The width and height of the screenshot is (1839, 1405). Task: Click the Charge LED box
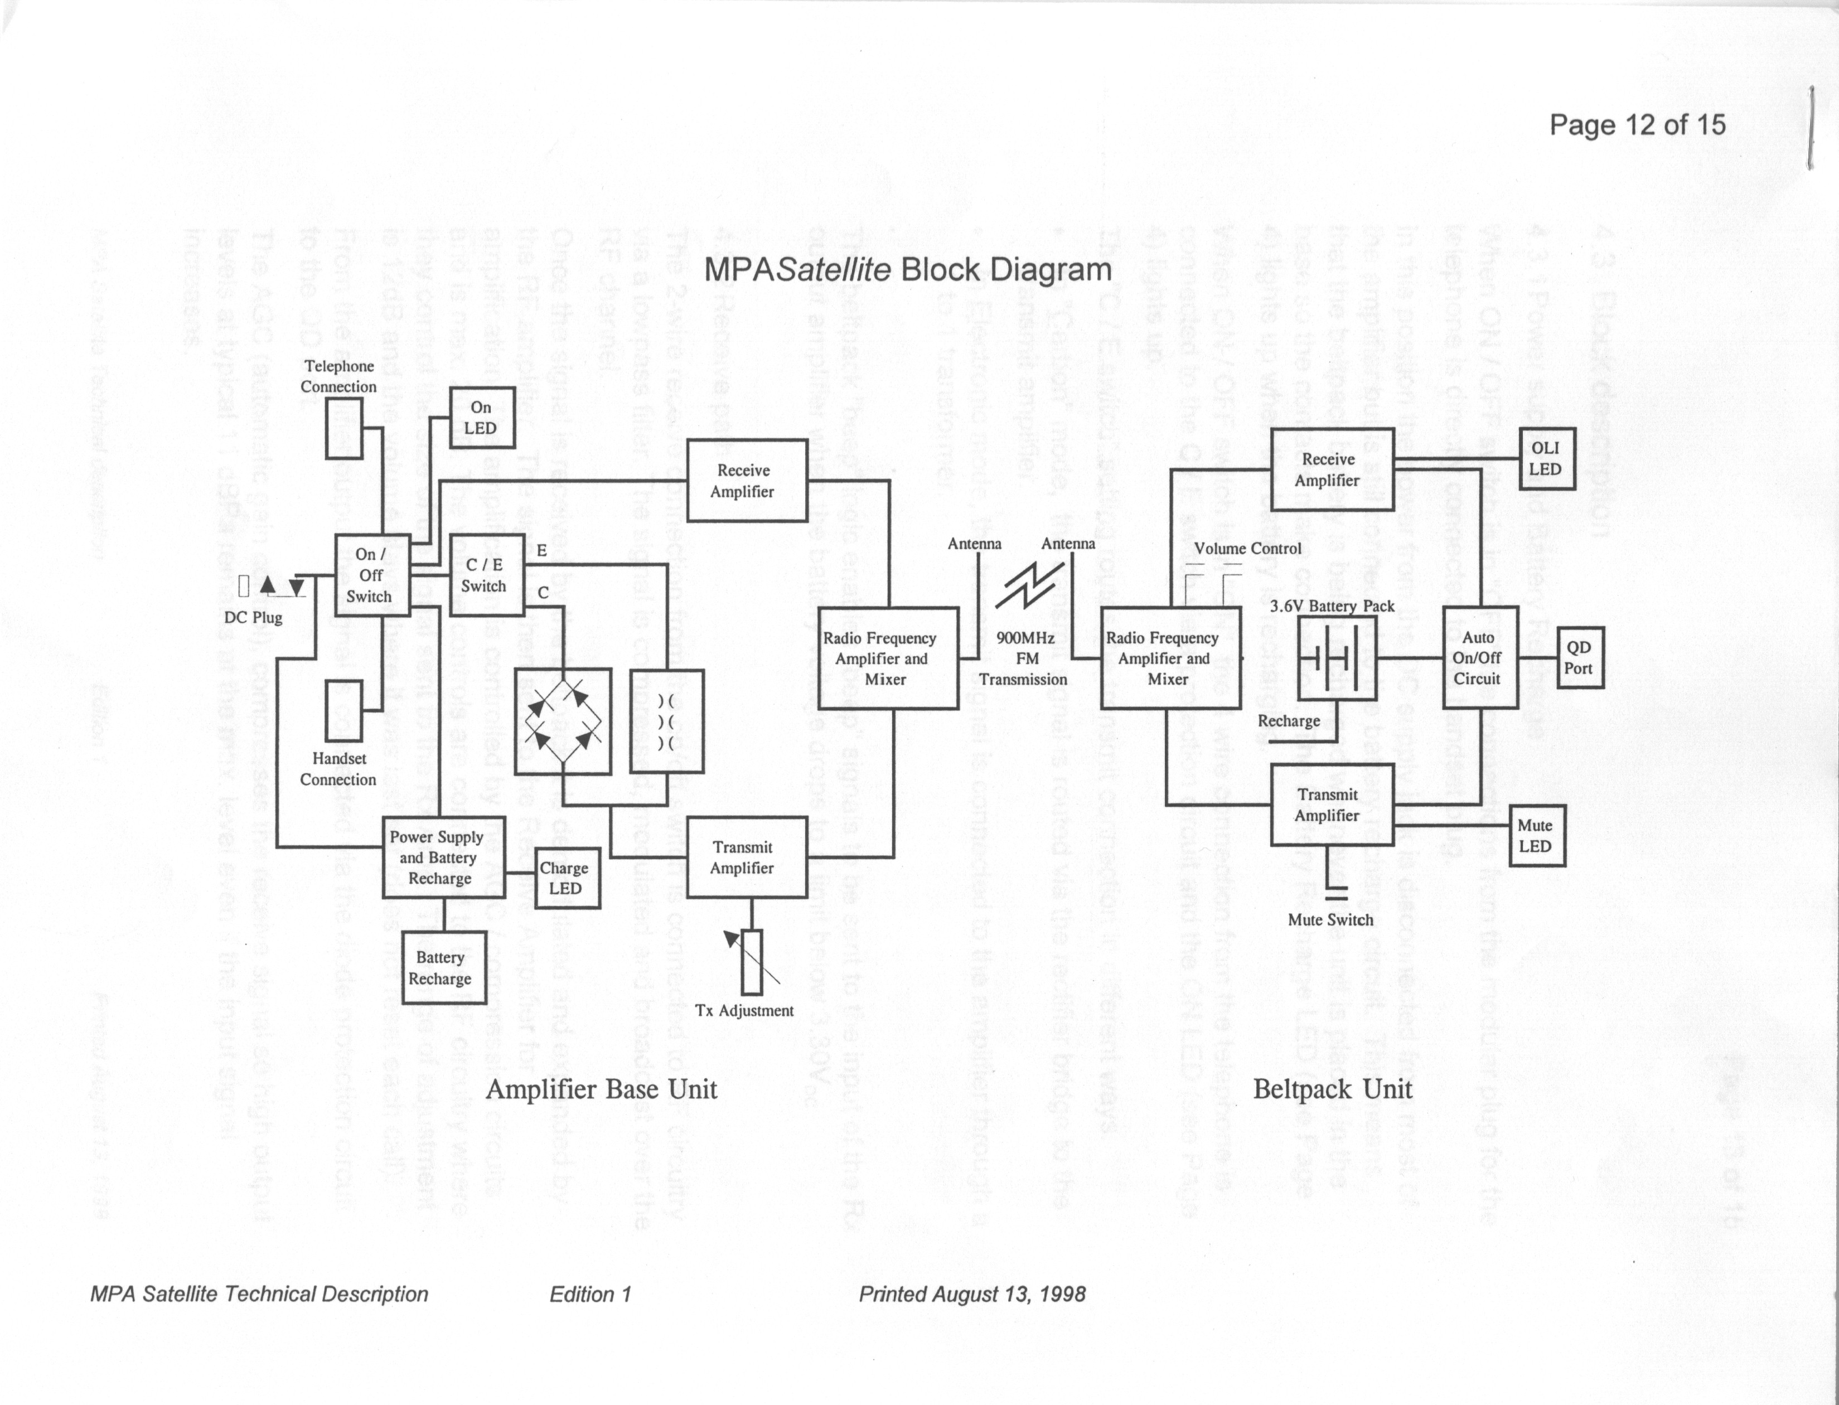point(566,878)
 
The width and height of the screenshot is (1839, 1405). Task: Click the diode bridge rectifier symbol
point(563,720)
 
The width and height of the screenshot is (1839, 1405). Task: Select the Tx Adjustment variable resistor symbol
point(752,962)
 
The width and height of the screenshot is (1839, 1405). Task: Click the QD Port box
point(1579,658)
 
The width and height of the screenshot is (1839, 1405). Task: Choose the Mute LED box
point(1536,835)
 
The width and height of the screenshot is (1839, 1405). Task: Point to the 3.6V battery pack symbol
point(1337,658)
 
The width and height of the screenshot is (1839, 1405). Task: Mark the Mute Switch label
point(1330,920)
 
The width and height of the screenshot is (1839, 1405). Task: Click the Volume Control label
point(1247,549)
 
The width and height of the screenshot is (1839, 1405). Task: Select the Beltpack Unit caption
point(1332,1089)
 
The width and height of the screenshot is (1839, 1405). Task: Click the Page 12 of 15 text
point(1637,125)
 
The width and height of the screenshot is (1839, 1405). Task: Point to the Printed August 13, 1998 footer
point(972,1295)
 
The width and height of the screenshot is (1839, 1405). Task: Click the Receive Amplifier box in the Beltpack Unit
point(1332,469)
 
